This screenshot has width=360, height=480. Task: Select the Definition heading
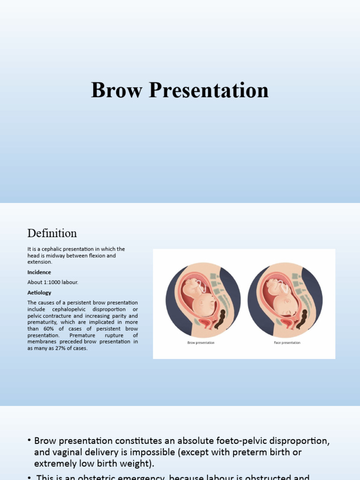(x=52, y=233)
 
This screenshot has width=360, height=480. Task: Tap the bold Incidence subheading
(x=39, y=272)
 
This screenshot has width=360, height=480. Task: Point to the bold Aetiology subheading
(x=39, y=292)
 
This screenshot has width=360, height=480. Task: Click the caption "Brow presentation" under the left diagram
(x=201, y=343)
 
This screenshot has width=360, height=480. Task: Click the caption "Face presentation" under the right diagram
(x=287, y=343)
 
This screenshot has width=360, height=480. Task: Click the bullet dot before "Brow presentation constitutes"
(x=29, y=441)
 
